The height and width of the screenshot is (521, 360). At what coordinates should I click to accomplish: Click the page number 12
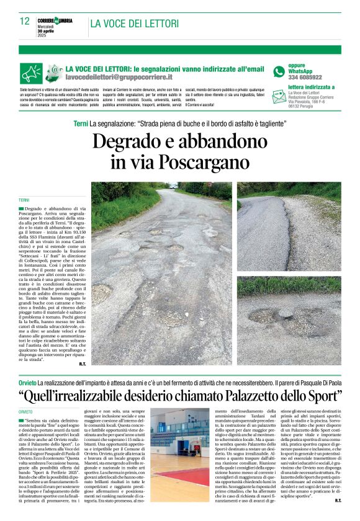coord(25,21)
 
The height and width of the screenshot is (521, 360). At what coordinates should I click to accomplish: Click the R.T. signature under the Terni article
coord(82,363)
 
